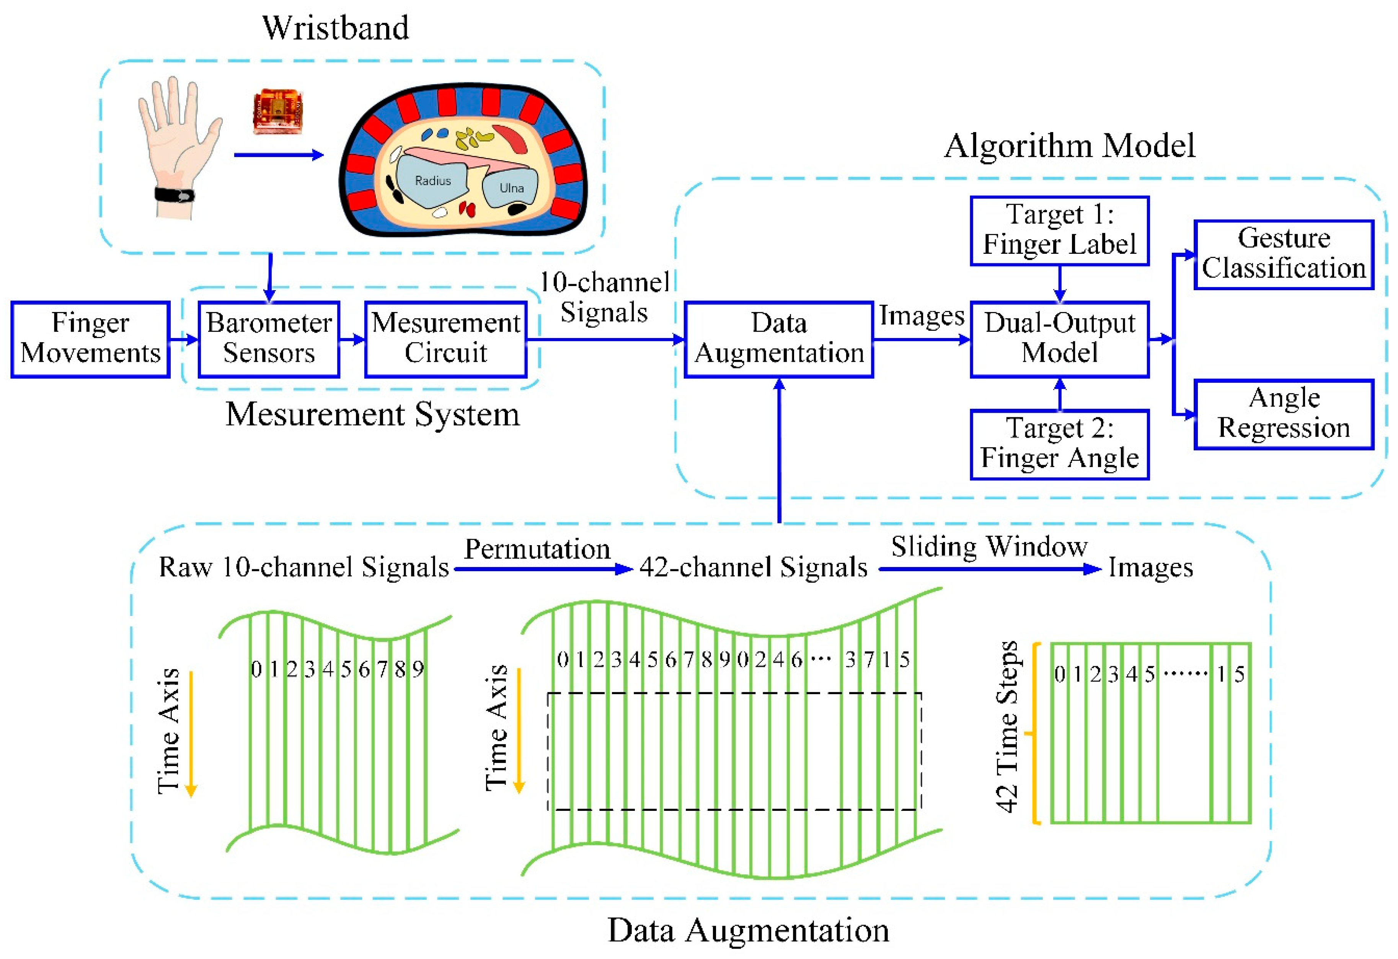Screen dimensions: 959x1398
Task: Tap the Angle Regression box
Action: tap(1284, 414)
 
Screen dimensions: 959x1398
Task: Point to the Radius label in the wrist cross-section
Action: tap(432, 180)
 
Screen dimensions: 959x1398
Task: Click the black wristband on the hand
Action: tap(175, 195)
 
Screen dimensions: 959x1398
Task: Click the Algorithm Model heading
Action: tap(1069, 146)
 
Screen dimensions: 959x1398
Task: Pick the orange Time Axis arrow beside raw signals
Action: tap(191, 734)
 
